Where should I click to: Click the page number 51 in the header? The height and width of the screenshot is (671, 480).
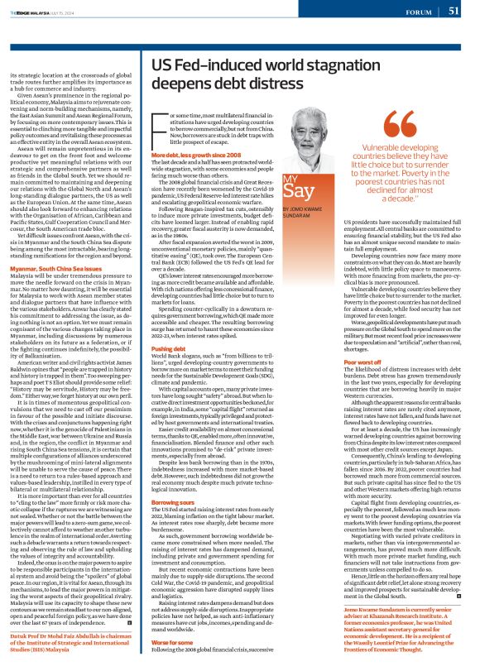[x=454, y=11]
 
